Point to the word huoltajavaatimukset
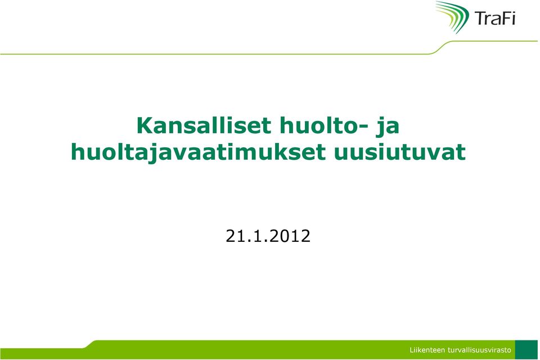click(198, 152)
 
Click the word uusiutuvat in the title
click(399, 152)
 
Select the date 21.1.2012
click(268, 236)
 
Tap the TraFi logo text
click(495, 18)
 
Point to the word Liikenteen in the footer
click(427, 350)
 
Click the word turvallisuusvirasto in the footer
click(479, 350)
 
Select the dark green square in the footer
click(526, 349)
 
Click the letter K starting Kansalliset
click(145, 126)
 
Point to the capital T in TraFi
click(480, 18)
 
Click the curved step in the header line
click(439, 48)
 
